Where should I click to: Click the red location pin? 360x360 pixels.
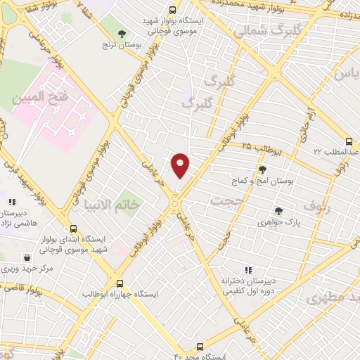[x=181, y=165]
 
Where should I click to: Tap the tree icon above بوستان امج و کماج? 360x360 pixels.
[x=263, y=169]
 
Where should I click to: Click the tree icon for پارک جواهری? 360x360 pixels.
[x=279, y=210]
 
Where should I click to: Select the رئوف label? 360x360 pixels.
[x=316, y=205]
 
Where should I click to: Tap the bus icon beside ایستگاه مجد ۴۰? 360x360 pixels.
[x=200, y=347]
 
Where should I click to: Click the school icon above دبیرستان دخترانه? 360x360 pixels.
[x=247, y=270]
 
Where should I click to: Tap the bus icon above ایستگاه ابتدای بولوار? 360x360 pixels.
[x=73, y=228]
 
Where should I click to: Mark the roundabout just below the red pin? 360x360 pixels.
[x=174, y=205]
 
